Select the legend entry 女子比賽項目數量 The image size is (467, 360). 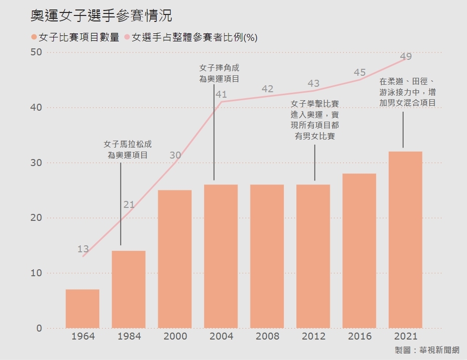pyautogui.click(x=75, y=37)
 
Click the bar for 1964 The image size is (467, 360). pyautogui.click(x=82, y=309)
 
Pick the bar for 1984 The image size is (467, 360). pyautogui.click(x=129, y=289)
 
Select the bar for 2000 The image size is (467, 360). pyautogui.click(x=175, y=259)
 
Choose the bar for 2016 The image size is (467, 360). pyautogui.click(x=359, y=251)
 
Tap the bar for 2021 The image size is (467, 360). pyautogui.click(x=405, y=239)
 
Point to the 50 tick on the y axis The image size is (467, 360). pyautogui.click(x=35, y=52)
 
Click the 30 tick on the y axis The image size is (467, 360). pyautogui.click(x=35, y=163)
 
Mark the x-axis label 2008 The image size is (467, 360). pyautogui.click(x=267, y=337)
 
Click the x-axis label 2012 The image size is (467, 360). pyautogui.click(x=313, y=337)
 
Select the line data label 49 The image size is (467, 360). pyautogui.click(x=406, y=57)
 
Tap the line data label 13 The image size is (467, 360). pyautogui.click(x=83, y=249)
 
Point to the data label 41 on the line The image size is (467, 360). pyautogui.click(x=221, y=94)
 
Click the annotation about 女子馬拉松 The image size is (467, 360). pyautogui.click(x=128, y=150)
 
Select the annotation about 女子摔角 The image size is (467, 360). pyautogui.click(x=220, y=73)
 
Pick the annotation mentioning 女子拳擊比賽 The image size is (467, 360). pyautogui.click(x=315, y=120)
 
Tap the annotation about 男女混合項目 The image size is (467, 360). pyautogui.click(x=407, y=92)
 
